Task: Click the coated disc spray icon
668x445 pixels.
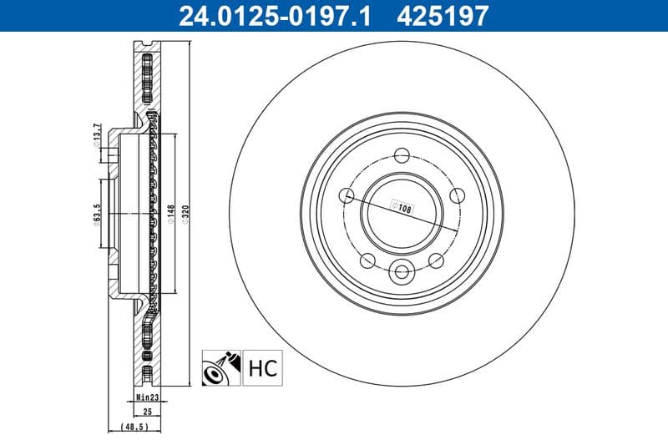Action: [221, 367]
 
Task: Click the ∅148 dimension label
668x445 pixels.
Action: [170, 215]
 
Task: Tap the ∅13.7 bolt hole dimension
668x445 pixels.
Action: [98, 135]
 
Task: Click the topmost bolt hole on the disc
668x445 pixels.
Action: [402, 154]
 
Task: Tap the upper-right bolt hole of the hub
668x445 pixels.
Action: [456, 195]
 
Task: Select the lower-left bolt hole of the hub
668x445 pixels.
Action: [367, 260]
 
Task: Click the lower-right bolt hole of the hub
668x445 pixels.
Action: [435, 260]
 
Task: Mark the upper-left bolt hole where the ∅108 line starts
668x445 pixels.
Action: [347, 195]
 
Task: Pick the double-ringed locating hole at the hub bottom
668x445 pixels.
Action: [402, 271]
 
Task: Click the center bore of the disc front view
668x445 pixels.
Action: [402, 213]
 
